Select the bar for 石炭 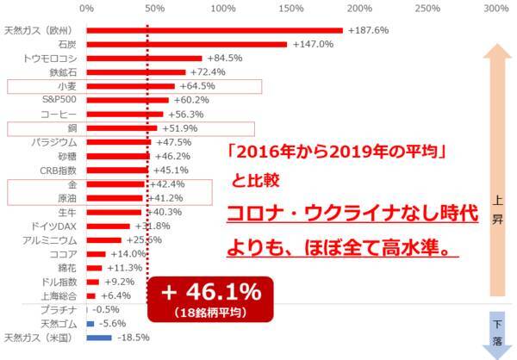click(x=186, y=44)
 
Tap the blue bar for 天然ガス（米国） click(x=99, y=338)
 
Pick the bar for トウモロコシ click(x=144, y=59)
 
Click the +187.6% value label click(x=367, y=30)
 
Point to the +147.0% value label click(x=313, y=44)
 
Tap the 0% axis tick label click(x=86, y=8)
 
